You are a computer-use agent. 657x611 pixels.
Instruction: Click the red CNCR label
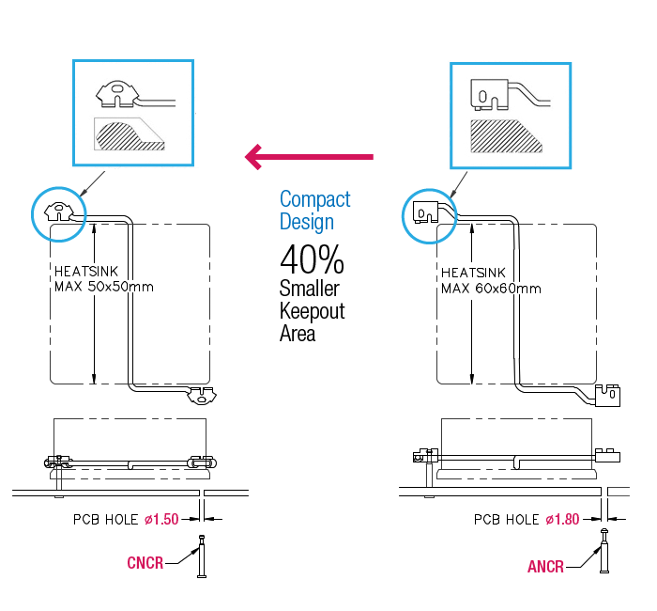pyautogui.click(x=145, y=563)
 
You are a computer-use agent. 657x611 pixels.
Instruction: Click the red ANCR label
pyautogui.click(x=545, y=567)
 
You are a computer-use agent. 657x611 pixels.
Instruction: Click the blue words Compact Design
pyautogui.click(x=314, y=211)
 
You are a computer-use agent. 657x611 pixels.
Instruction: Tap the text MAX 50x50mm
pyautogui.click(x=104, y=287)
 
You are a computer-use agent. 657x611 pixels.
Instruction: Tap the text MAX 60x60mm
pyautogui.click(x=491, y=288)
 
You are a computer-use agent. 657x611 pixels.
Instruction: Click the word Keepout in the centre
pyautogui.click(x=312, y=310)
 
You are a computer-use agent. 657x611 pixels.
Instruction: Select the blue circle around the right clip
pyautogui.click(x=429, y=215)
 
